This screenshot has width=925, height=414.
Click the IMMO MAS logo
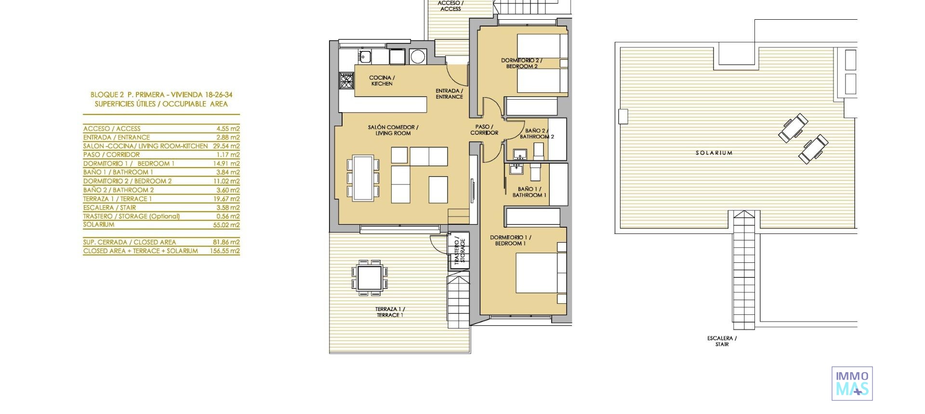(x=852, y=383)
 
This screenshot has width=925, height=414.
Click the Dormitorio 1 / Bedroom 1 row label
(x=129, y=164)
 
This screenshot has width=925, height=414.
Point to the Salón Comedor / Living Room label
(x=393, y=130)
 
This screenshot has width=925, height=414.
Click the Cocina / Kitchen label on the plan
(x=382, y=80)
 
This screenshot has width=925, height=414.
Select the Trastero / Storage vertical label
(x=460, y=250)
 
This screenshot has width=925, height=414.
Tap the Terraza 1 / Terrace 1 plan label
(x=390, y=312)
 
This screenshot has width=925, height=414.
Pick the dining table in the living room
(x=363, y=177)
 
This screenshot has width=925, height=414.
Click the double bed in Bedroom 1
(x=540, y=272)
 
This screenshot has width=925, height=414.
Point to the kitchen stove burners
(x=346, y=80)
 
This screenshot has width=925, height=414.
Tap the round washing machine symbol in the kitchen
(x=418, y=57)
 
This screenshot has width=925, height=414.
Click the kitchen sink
(x=365, y=56)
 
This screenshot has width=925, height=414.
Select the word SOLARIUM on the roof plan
(x=714, y=153)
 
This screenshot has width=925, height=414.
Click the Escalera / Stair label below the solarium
(x=722, y=341)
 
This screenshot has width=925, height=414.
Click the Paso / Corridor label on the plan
(x=484, y=129)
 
